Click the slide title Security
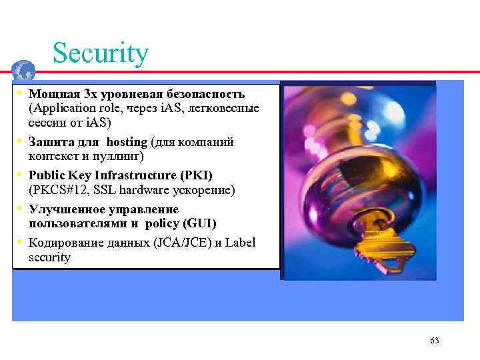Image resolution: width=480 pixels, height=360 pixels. click(x=100, y=53)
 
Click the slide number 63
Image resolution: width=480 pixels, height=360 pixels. click(x=435, y=341)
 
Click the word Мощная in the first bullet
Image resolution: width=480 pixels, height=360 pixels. click(x=51, y=94)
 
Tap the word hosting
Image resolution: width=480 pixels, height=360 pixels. click(x=127, y=142)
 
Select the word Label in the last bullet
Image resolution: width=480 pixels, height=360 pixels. click(x=241, y=243)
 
